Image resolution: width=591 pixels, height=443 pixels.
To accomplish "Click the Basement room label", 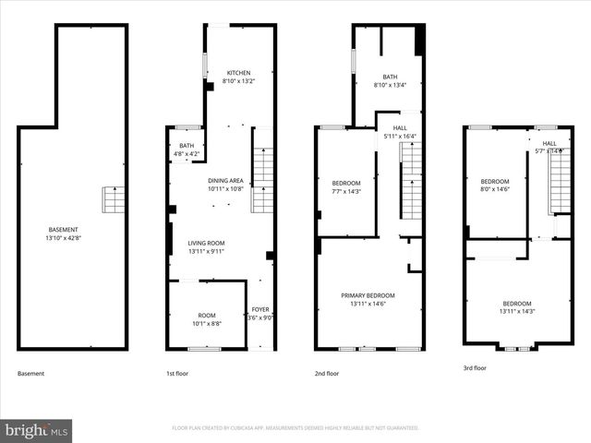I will tap(63, 230).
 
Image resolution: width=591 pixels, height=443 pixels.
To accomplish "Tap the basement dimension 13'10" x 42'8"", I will tap(63, 238).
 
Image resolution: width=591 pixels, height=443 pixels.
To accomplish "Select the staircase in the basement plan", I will tap(113, 198).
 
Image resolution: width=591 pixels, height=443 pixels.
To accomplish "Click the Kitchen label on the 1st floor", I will tap(240, 73).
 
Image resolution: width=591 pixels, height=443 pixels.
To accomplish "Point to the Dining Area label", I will tap(225, 180).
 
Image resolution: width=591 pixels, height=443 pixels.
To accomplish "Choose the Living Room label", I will tap(207, 243).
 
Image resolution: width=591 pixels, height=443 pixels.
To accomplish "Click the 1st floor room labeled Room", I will tap(207, 316).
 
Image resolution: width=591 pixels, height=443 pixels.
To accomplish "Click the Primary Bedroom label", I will tap(368, 295).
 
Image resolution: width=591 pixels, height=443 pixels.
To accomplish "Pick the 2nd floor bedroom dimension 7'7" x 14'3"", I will tap(346, 191).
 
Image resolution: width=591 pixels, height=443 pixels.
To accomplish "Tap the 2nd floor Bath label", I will tap(390, 78).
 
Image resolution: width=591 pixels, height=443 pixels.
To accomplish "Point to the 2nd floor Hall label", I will tap(400, 128).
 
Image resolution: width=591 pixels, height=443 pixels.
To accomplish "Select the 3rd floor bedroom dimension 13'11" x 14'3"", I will tap(516, 312).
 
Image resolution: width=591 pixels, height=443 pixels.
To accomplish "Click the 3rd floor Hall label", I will tap(549, 143).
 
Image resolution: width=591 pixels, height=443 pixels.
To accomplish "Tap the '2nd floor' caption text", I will tap(326, 374).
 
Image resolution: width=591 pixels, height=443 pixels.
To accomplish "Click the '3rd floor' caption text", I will tap(475, 368).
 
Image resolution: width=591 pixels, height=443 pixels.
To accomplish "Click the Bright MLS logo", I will tap(37, 430).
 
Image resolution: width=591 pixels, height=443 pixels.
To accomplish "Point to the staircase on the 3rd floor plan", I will tap(560, 182).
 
